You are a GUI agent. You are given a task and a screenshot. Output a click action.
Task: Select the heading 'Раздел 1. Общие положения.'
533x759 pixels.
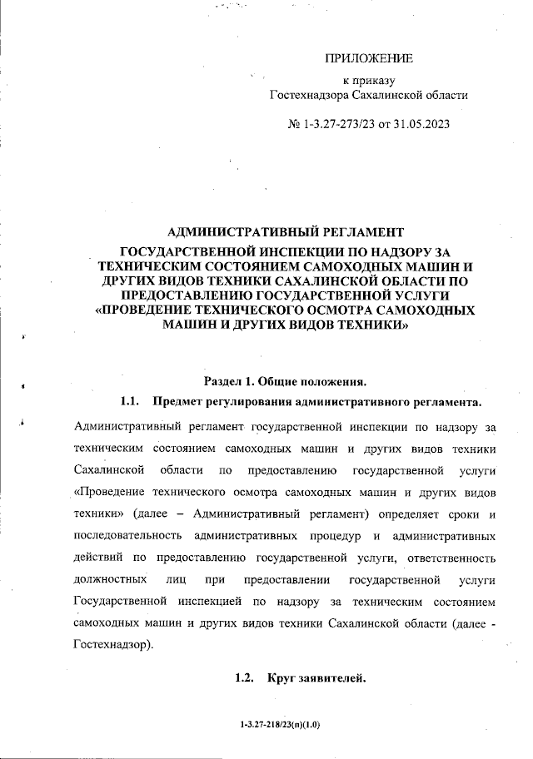279,383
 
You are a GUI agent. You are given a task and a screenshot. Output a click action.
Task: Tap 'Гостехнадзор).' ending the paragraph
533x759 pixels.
112,645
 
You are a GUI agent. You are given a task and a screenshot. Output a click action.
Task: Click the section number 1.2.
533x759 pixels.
244,680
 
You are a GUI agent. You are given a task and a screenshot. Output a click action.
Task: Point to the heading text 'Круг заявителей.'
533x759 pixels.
316,680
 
